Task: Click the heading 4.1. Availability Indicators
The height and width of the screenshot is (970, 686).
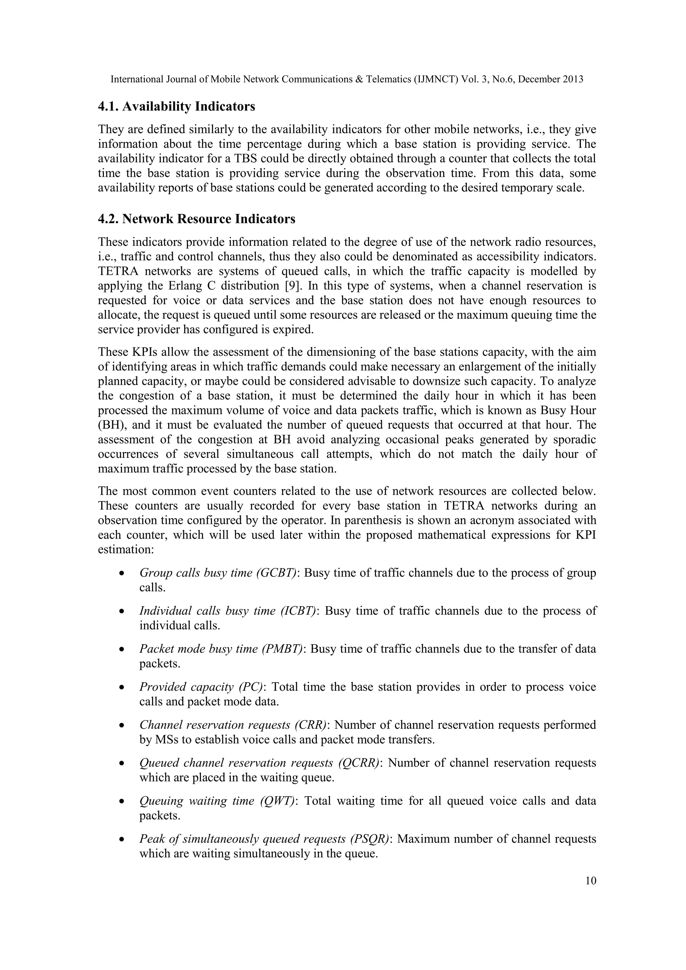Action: point(177,107)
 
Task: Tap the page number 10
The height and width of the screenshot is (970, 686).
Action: point(591,881)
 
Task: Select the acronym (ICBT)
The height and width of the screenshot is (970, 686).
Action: point(298,611)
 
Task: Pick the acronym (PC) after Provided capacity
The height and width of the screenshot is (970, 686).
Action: point(252,687)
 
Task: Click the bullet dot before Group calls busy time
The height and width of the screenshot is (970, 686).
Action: point(122,574)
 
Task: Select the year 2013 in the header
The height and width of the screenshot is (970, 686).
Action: point(573,79)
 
